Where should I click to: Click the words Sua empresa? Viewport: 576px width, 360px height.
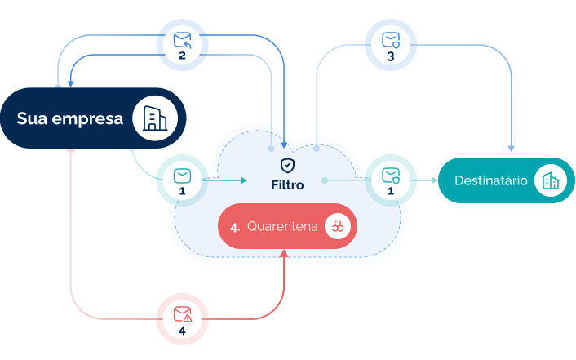pos(70,119)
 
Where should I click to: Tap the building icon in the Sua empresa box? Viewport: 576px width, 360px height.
pos(154,118)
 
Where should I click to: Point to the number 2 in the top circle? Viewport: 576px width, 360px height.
pos(182,56)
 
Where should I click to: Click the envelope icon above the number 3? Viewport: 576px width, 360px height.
pos(391,39)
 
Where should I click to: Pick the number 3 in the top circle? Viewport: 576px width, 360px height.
pos(391,57)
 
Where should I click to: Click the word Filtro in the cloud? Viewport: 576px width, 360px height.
pos(287,185)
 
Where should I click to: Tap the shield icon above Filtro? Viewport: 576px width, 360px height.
pos(287,166)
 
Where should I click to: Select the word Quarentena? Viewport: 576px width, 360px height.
pos(282,226)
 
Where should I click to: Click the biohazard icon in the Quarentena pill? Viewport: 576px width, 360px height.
pos(337,226)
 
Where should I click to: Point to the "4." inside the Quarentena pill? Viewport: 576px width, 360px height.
pos(235,227)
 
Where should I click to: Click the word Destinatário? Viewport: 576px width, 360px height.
pos(490,180)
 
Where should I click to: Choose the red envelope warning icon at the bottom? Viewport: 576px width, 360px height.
pos(182,313)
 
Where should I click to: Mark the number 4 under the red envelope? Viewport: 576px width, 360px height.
pos(182,331)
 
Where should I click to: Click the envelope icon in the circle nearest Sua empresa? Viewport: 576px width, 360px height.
pos(182,175)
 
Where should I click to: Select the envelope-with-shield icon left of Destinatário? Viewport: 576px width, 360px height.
pos(391,175)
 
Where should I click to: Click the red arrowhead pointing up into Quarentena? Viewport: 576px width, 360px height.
pos(284,253)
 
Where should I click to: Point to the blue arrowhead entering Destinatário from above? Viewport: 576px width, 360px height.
pos(512,148)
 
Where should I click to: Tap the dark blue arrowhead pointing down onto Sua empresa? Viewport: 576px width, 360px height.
pos(71,82)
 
